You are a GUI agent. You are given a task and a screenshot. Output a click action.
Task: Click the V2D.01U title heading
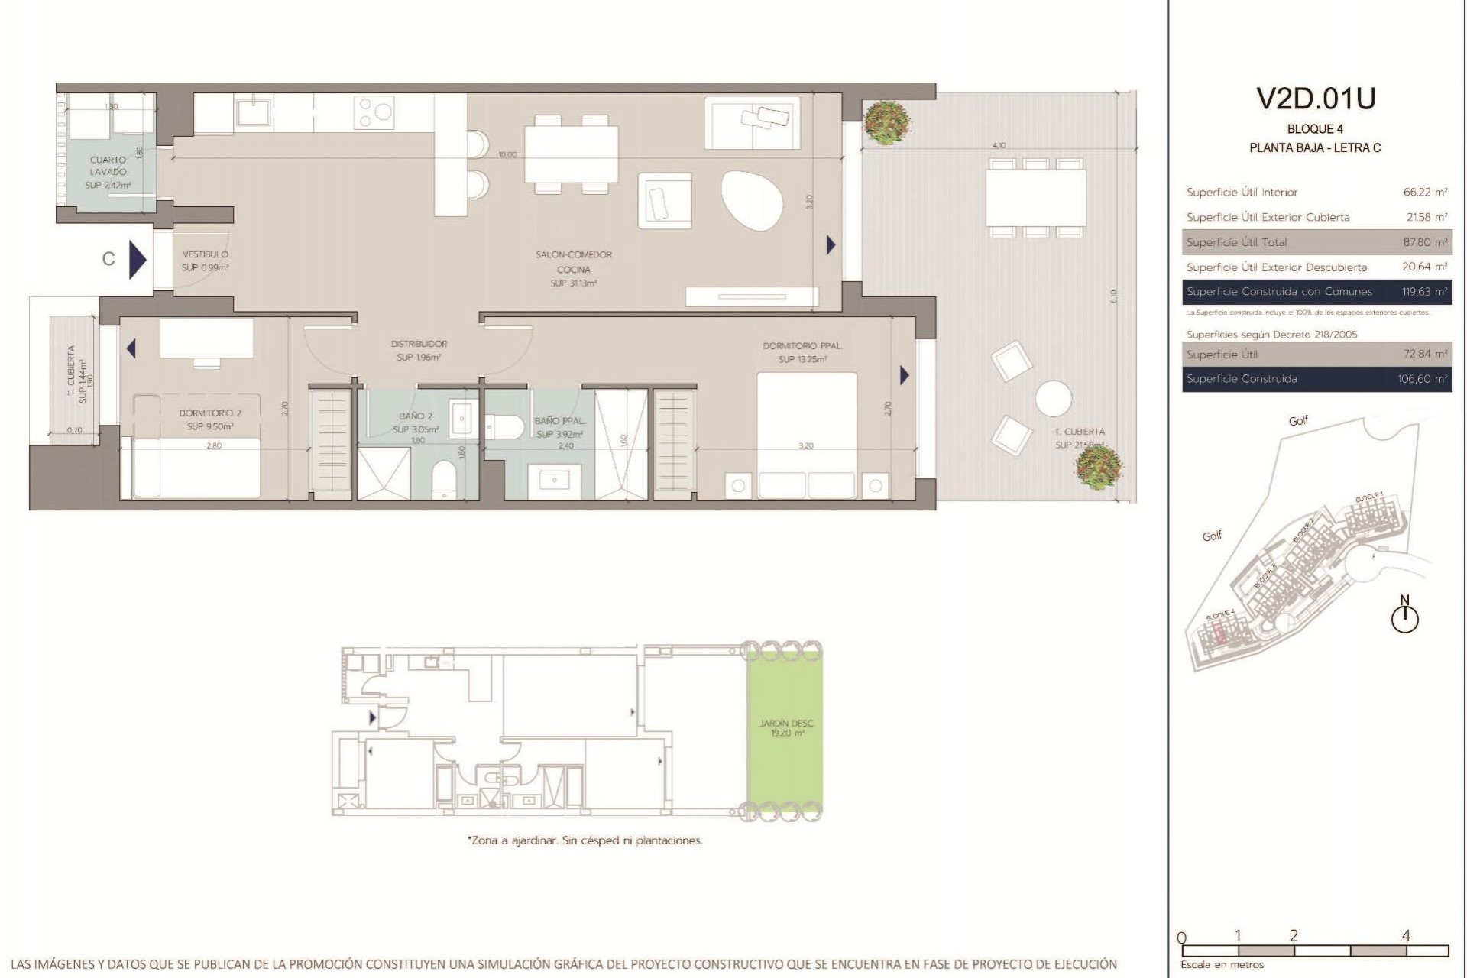[1315, 99]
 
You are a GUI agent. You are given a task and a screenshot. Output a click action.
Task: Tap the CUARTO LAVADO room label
[108, 166]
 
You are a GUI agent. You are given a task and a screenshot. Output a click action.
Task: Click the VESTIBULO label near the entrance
[205, 254]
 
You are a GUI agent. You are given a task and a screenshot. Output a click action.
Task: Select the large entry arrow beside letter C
[138, 260]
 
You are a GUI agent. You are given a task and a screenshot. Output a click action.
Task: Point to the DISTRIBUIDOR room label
[419, 344]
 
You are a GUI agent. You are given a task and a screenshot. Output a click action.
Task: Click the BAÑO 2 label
[416, 416]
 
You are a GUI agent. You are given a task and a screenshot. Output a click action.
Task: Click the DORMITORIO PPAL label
[802, 346]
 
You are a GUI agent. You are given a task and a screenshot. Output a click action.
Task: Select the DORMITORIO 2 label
[210, 413]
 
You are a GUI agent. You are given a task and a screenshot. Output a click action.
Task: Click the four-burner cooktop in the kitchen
[374, 112]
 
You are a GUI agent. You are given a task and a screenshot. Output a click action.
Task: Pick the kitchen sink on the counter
[254, 112]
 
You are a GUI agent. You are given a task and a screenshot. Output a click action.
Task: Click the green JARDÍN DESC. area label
[787, 723]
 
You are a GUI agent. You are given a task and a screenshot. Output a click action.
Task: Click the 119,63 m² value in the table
[1424, 292]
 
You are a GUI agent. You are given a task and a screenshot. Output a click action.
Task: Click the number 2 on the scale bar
[1294, 936]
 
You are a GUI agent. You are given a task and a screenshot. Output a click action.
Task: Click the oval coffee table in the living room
[752, 200]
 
